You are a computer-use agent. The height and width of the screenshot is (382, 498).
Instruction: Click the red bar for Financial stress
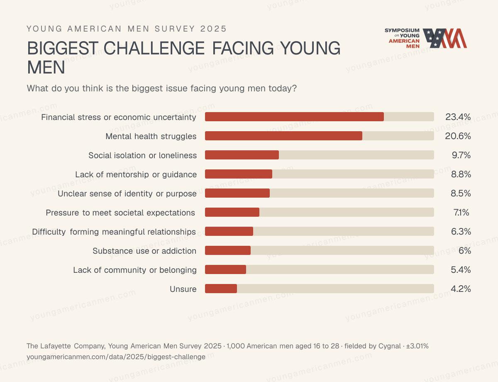point(294,117)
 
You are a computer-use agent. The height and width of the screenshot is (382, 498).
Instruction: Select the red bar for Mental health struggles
point(283,136)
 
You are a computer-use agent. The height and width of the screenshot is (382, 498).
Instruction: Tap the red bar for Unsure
point(221,289)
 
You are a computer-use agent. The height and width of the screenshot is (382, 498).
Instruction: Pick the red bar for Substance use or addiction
point(228,250)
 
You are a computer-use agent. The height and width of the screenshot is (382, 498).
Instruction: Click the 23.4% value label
point(458,117)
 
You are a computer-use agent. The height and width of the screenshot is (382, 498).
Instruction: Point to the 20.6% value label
point(458,136)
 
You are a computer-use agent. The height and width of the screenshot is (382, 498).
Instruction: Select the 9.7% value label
point(461,155)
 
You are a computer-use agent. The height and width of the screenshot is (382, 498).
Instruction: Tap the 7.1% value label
point(461,212)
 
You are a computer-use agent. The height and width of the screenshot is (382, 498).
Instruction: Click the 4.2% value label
point(461,289)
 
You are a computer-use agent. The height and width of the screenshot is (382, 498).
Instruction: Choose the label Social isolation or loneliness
point(142,155)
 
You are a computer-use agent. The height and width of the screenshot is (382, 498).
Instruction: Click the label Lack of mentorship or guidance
point(136,174)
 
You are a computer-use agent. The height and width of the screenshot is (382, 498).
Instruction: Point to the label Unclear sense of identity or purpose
point(127,194)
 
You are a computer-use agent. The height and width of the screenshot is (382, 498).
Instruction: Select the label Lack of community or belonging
point(135,270)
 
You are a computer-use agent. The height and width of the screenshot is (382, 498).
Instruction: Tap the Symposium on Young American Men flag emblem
point(444,38)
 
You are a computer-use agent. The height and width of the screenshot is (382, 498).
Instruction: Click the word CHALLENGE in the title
point(154,48)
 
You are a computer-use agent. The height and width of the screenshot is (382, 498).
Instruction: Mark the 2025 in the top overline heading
point(213,29)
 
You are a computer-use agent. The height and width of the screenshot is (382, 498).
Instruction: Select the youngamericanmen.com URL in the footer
point(116,357)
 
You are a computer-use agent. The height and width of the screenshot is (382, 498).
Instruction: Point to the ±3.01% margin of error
point(417,346)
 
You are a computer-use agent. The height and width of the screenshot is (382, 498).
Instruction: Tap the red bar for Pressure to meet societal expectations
point(232,212)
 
